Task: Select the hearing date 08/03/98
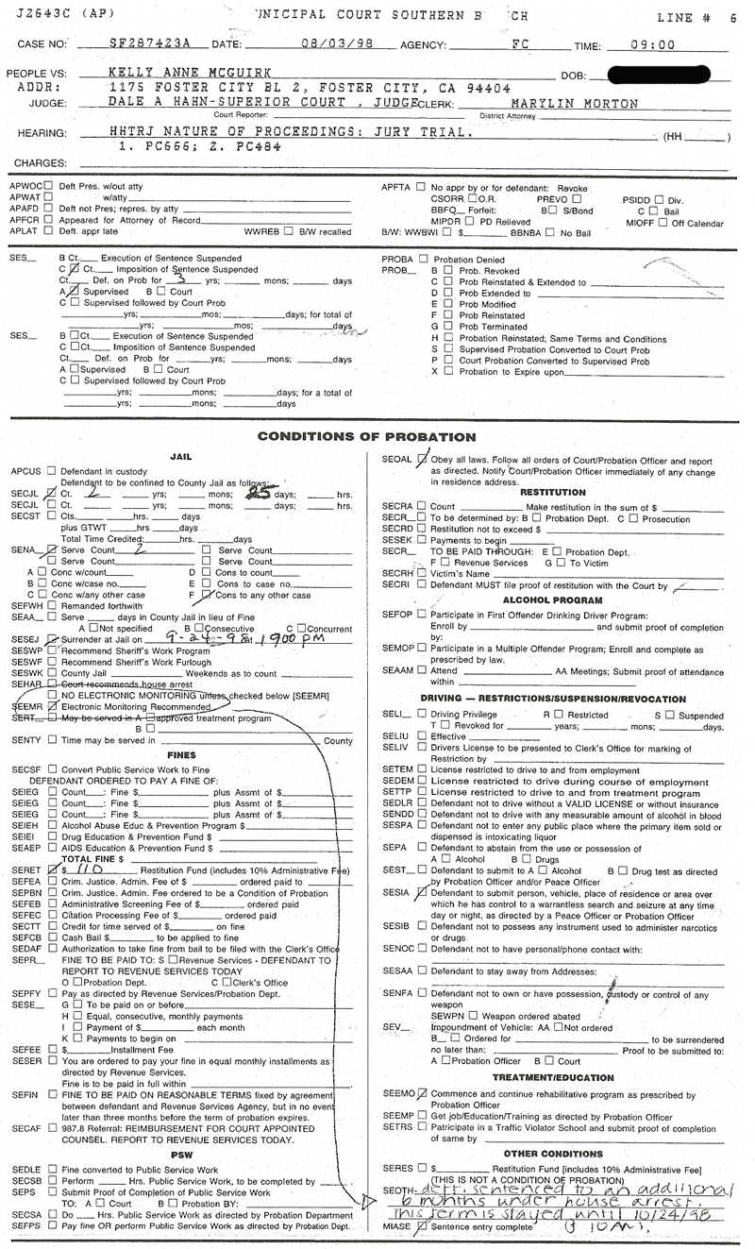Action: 299,44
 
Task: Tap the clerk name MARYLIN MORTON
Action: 575,104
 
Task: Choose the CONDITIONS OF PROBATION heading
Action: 367,437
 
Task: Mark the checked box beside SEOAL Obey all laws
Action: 421,460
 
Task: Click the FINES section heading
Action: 181,755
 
